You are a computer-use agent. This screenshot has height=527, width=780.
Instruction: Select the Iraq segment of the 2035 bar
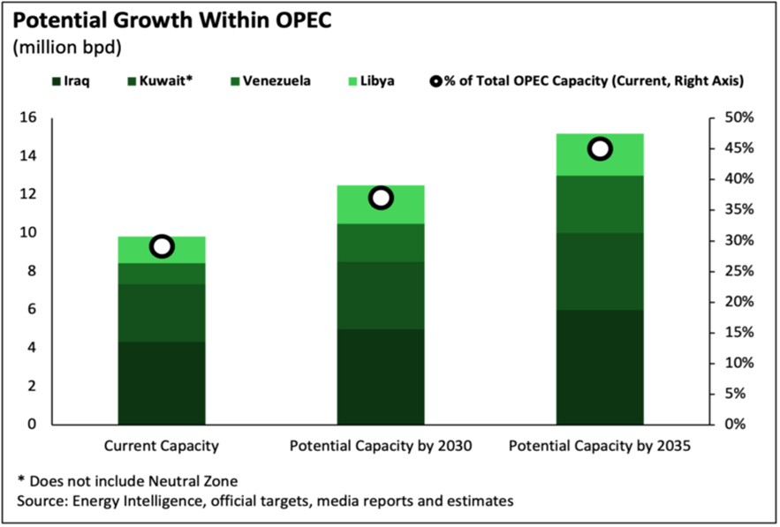point(600,367)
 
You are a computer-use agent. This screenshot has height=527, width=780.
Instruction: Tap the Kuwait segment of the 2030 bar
point(381,296)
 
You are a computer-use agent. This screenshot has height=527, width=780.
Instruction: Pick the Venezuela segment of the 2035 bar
point(600,204)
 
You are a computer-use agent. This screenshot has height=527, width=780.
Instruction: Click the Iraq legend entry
point(72,81)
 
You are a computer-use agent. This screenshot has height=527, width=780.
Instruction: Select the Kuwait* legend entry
point(160,81)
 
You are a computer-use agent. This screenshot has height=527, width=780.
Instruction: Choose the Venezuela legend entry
point(270,81)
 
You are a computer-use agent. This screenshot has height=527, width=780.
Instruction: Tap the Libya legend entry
point(371,81)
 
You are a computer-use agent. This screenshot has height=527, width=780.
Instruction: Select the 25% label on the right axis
point(739,272)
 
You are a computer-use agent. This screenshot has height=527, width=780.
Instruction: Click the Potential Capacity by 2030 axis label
point(381,446)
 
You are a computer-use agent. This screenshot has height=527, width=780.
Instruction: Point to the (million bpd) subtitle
point(67,48)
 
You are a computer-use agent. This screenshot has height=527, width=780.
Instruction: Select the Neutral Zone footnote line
point(127,481)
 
